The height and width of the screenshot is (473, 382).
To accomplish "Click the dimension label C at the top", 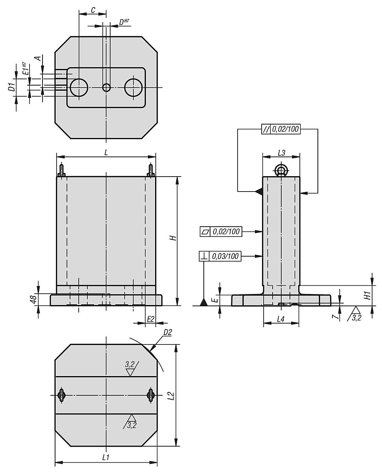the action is tap(93, 10).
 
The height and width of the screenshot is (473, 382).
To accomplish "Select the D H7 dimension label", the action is tap(124, 22).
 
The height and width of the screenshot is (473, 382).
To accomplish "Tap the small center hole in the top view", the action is tap(106, 88).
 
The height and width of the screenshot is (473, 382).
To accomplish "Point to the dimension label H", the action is tap(174, 238).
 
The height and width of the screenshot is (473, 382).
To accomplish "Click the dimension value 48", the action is tap(33, 299).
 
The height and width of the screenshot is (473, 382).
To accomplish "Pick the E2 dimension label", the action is tap(150, 319).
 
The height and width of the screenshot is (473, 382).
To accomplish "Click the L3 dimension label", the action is tap(281, 153).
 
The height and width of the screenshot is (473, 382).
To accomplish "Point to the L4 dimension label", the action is tap(281, 319).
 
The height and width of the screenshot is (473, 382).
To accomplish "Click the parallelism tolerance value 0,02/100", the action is tap(285, 129).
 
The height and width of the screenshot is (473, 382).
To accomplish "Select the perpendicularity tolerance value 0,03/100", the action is tap(225, 256).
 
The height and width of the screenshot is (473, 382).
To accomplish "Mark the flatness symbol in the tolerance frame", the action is tap(205, 232).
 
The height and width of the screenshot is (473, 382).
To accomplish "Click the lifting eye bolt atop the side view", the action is tap(281, 171).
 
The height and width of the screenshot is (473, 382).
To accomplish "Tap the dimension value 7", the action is tap(337, 317).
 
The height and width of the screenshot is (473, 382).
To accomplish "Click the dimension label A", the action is tap(38, 58).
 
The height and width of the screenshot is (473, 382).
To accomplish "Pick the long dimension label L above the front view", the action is tap(106, 152).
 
